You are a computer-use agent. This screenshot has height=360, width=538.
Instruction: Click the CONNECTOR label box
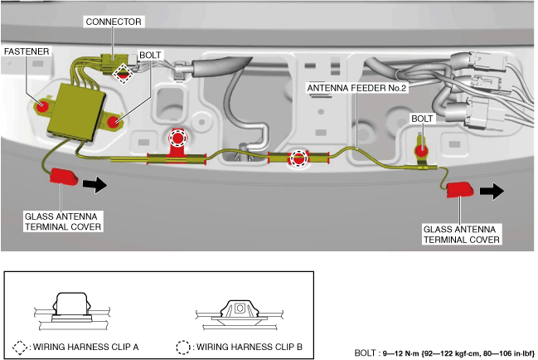click(114, 20)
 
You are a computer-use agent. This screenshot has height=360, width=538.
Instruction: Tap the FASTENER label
click(27, 51)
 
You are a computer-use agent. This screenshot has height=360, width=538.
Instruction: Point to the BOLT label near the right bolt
click(422, 119)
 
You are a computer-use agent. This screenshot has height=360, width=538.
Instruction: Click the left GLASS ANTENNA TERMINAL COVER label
click(62, 220)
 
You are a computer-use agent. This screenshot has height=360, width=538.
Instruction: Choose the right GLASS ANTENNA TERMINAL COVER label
click(462, 235)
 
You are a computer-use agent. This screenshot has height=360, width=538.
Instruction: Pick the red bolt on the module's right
click(113, 123)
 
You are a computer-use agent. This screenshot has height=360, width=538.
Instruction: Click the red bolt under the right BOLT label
click(421, 151)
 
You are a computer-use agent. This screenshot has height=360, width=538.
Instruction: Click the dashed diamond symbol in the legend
click(22, 347)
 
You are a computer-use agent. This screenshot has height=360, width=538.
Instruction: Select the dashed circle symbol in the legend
click(185, 347)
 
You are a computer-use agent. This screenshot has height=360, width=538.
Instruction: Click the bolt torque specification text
click(443, 352)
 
